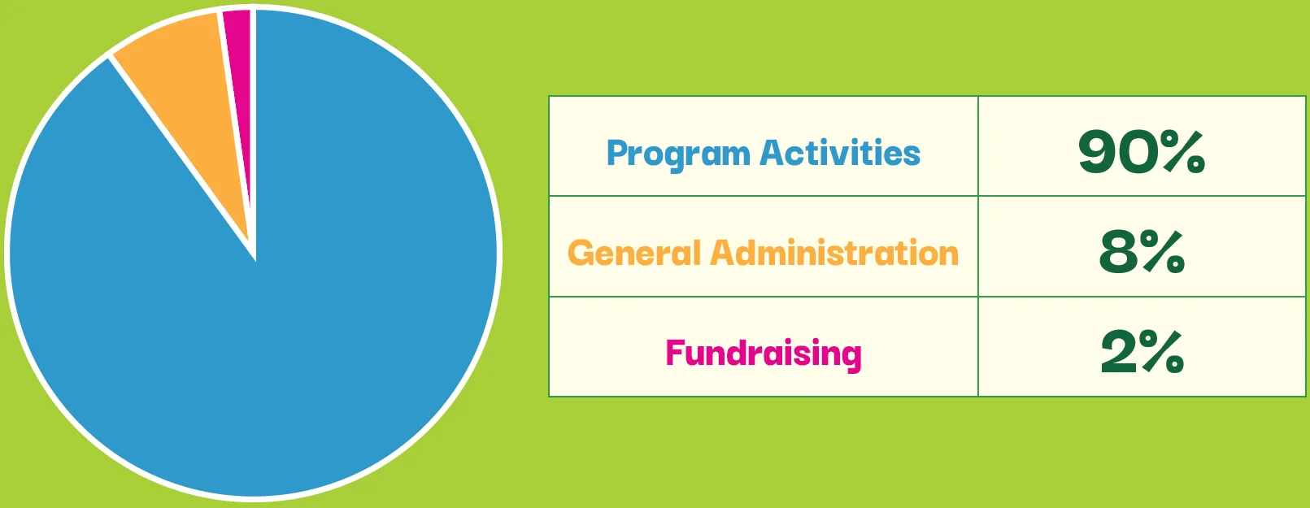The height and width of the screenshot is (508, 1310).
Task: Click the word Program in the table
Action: tap(678, 154)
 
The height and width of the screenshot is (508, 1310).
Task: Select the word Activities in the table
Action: tap(840, 153)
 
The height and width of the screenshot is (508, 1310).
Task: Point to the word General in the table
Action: tap(634, 253)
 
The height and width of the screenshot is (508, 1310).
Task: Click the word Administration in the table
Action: tap(834, 253)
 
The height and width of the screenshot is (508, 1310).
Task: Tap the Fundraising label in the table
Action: tap(764, 354)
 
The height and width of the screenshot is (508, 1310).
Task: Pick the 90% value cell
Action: tap(1142, 146)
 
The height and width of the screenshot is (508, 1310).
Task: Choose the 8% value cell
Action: tap(1142, 247)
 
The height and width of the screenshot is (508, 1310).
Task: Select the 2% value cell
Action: tap(1142, 346)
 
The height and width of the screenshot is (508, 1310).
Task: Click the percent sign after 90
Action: tap(1182, 152)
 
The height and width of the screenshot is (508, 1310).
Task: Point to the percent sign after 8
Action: tap(1162, 252)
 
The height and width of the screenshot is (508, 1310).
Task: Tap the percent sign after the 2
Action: tap(1161, 351)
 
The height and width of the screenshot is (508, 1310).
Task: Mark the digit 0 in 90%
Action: tap(1139, 152)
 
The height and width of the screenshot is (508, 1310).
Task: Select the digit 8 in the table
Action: tap(1118, 252)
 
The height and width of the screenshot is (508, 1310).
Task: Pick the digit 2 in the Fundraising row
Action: tap(1118, 351)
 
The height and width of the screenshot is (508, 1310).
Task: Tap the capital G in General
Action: tap(581, 253)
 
